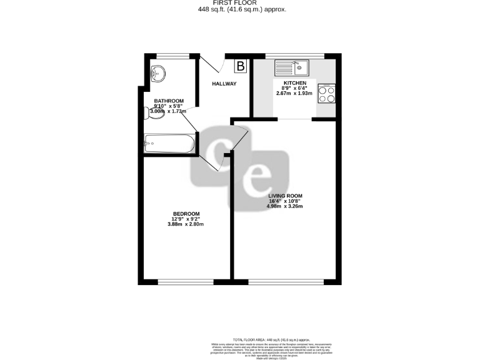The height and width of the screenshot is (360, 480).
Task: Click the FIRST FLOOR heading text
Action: point(239,2)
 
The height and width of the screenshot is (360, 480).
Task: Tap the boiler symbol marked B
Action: point(241,64)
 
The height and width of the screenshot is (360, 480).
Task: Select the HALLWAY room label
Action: point(224,84)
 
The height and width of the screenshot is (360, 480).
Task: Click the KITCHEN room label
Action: point(295,83)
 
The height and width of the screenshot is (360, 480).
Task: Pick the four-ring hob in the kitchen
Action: point(327,94)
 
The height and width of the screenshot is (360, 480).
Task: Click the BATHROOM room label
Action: point(169,101)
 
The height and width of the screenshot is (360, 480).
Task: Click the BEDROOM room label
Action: point(186,214)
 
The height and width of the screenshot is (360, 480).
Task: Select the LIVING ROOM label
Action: point(285,196)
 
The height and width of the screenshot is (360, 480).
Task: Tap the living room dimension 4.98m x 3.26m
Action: point(285,206)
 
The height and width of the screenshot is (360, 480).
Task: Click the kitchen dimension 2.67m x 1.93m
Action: point(295,93)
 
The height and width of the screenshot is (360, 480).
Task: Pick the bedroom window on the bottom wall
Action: point(181,282)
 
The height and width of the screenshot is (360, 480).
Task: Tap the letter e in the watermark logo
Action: point(256,177)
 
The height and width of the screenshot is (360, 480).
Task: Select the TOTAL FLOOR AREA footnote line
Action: point(279,337)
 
